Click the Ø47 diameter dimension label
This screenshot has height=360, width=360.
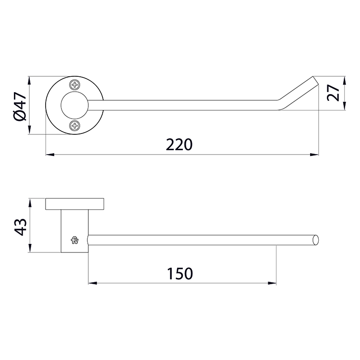pyautogui.click(x=21, y=106)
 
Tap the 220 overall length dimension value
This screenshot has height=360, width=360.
pyautogui.click(x=180, y=144)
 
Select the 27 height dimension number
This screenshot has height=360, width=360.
pyautogui.click(x=333, y=93)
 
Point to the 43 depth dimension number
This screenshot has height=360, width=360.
pyautogui.click(x=21, y=227)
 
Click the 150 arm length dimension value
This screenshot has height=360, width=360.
pyautogui.click(x=180, y=274)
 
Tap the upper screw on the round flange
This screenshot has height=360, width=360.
pyautogui.click(x=75, y=85)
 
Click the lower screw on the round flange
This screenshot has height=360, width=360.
pyautogui.click(x=75, y=125)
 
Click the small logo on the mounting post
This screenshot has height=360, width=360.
pyautogui.click(x=75, y=240)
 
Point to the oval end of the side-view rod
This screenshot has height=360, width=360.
pyautogui.click(x=315, y=240)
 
